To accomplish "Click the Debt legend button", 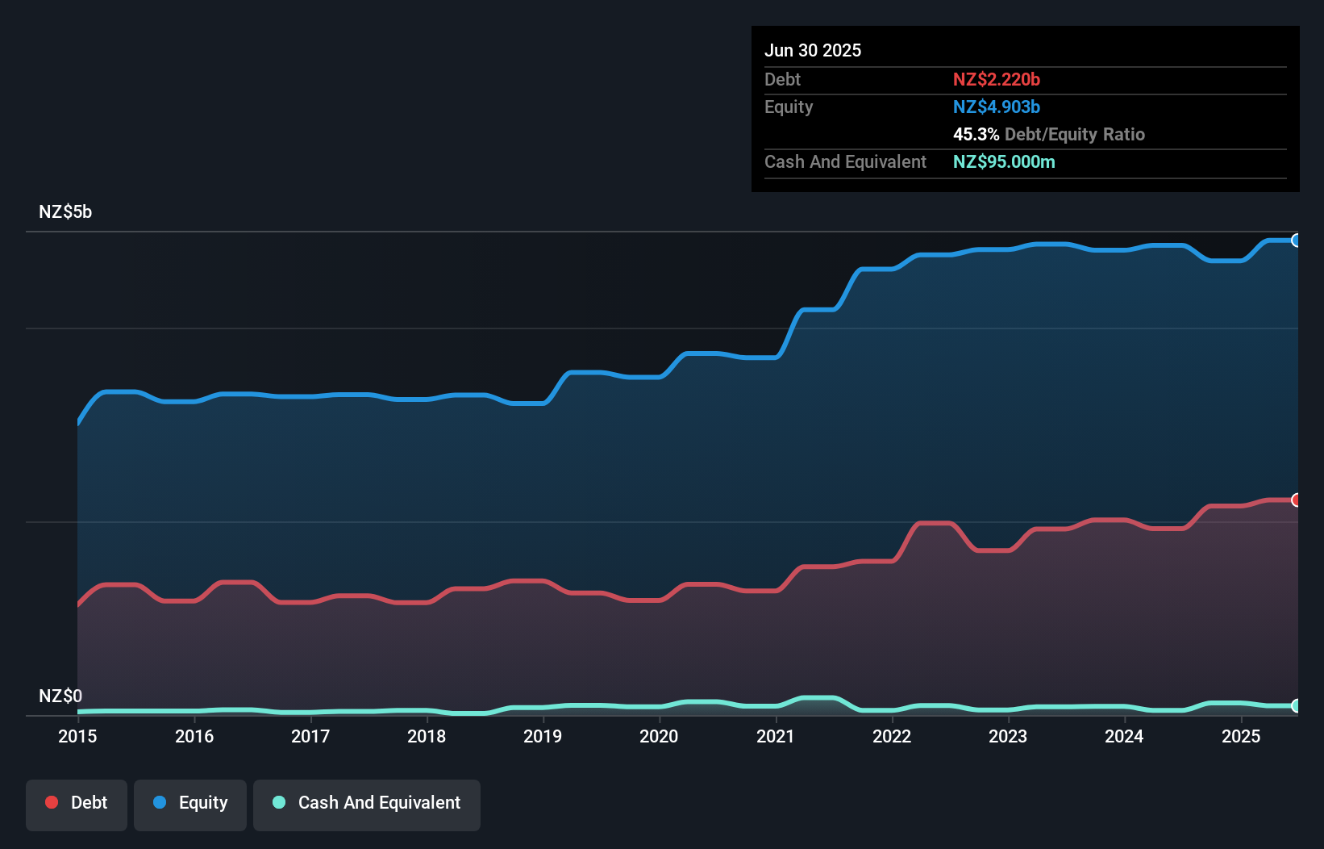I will click(x=77, y=804).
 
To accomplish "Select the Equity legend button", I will click(x=190, y=804).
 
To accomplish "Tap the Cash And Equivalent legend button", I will click(x=367, y=804).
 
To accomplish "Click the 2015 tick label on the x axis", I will click(x=77, y=736).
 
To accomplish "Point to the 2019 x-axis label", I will click(x=543, y=736).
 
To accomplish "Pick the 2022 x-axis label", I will click(x=892, y=736).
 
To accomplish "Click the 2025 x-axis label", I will click(x=1241, y=736).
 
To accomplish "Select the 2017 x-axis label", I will click(x=310, y=736).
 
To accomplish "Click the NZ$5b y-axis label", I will click(x=65, y=212).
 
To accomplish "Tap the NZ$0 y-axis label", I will click(x=60, y=696).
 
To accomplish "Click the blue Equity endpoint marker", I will click(x=1296, y=240).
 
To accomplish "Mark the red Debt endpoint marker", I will click(x=1296, y=500).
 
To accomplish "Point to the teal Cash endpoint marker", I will click(x=1296, y=705).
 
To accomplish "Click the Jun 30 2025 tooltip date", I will click(x=813, y=50).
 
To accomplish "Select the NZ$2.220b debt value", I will click(x=997, y=79).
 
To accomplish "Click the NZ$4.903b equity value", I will click(x=997, y=107).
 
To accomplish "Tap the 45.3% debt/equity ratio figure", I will click(x=976, y=134).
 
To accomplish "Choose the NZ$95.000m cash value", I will click(x=1004, y=161).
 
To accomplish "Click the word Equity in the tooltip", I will click(x=789, y=107).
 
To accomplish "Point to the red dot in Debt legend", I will click(x=52, y=802).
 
